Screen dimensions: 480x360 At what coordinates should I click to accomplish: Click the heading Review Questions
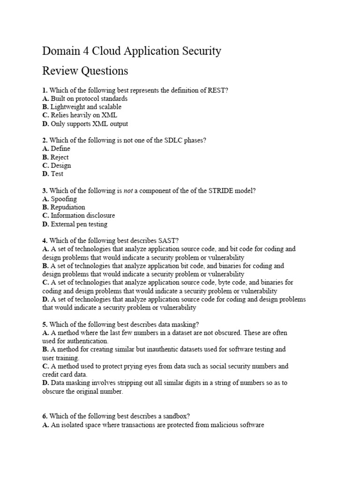coord(85,71)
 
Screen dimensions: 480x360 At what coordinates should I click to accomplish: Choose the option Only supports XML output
coord(89,124)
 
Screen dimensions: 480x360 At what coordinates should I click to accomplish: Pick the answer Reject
coord(60,157)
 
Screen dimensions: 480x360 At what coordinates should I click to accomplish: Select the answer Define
coord(60,149)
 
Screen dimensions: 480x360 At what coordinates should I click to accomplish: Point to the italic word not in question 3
coord(128,191)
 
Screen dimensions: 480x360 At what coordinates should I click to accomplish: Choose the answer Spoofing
coord(64,199)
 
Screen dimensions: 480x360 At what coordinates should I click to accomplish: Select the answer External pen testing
coord(79,224)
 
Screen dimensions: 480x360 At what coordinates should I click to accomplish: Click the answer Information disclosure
coord(82,216)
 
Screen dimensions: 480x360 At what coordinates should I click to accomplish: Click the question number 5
coord(45,324)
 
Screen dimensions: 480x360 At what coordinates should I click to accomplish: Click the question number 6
coord(45,416)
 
